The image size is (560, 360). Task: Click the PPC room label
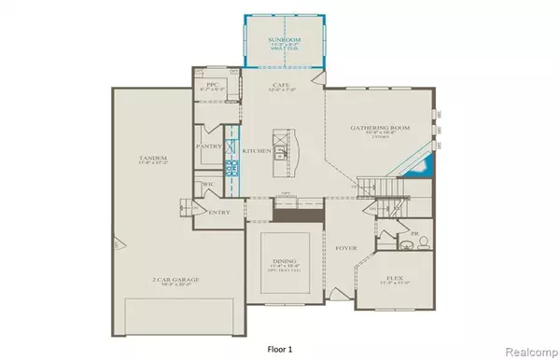tap(211, 85)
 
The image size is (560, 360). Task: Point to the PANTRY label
tap(207, 146)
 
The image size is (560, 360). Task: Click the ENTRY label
tap(220, 213)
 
